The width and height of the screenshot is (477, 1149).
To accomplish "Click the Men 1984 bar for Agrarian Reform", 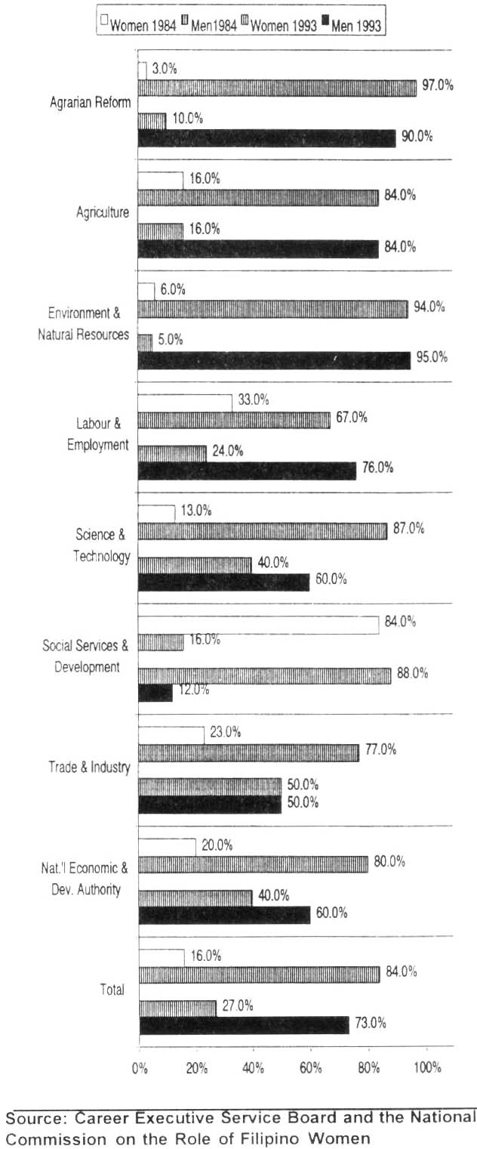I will (276, 88).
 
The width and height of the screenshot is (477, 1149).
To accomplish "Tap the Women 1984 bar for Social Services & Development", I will (258, 625).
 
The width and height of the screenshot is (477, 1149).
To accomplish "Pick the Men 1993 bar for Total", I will (244, 1024).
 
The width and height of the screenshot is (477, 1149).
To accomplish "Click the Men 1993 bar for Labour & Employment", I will (247, 470).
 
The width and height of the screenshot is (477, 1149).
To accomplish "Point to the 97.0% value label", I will (438, 85).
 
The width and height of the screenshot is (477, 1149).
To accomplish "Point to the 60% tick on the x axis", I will (311, 1069).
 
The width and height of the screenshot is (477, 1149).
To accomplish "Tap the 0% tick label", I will (140, 1069).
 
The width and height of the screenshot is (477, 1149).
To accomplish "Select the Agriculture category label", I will (103, 212).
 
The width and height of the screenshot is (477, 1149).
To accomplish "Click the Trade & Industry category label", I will (89, 767).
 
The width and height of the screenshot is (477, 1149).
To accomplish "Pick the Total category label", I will (112, 989).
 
